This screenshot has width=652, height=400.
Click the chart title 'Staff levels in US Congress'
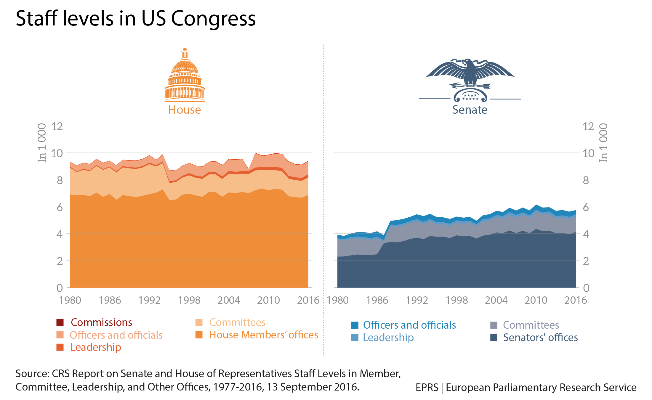tap(136, 18)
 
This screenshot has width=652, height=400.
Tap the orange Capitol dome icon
tap(185, 76)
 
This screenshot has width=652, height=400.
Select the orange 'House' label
tap(185, 110)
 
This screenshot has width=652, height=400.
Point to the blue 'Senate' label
tap(470, 110)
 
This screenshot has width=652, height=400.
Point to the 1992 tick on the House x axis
tap(149, 300)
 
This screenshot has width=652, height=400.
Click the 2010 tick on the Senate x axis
tap(536, 300)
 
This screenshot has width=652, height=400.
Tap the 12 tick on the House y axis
tap(57, 126)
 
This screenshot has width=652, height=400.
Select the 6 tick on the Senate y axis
tap(586, 207)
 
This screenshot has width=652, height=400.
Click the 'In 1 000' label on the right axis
tap(603, 143)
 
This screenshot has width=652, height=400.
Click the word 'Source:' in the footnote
tap(32, 374)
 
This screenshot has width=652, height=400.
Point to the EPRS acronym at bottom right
tap(427, 388)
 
